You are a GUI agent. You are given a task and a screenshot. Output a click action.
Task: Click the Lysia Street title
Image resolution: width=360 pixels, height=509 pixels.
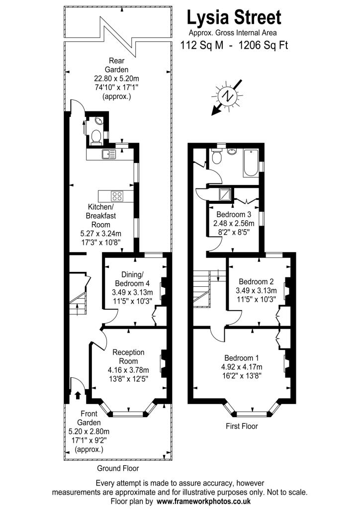pos(234,18)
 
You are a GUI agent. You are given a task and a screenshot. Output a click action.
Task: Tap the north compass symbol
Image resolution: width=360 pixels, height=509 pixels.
pos(228,96)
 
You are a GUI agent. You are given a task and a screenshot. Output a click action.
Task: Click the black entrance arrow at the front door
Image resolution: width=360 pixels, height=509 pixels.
pos(78,396)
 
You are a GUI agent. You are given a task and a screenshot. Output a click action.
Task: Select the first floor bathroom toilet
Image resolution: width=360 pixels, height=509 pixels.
pos(216,157)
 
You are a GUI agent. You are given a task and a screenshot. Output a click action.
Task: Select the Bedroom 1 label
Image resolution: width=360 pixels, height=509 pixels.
pos(242,358)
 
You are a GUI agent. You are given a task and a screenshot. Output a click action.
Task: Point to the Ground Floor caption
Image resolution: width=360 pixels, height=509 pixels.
pos(118,468)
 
